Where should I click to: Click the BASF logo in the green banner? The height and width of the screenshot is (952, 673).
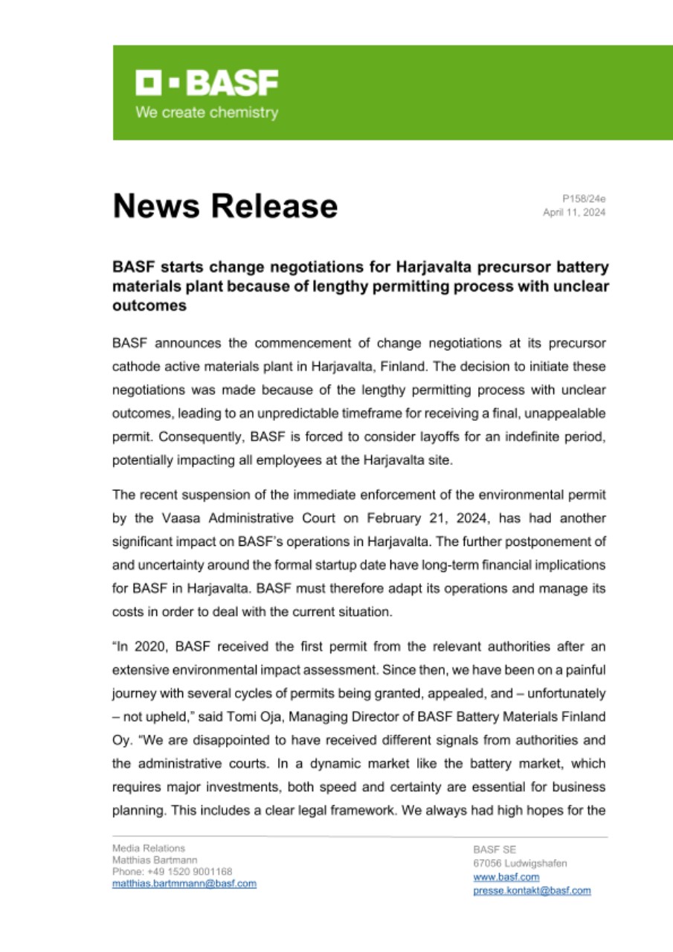point(206,83)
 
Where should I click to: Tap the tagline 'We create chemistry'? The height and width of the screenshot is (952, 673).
point(206,113)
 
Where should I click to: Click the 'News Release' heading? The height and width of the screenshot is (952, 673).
point(225,205)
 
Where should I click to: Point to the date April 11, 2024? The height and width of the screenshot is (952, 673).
point(574,212)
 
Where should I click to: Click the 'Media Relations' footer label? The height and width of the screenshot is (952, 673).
point(149,847)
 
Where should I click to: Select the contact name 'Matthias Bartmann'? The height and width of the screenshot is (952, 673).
point(155,859)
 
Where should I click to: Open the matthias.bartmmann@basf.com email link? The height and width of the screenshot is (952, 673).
point(184,883)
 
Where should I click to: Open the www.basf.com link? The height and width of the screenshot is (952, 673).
point(496,878)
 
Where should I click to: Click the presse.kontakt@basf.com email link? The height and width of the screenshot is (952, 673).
point(532,890)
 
